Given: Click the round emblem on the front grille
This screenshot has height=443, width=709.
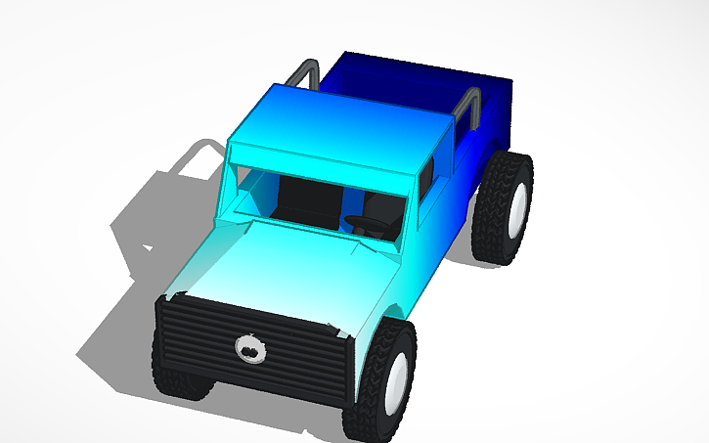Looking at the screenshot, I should pos(250,348).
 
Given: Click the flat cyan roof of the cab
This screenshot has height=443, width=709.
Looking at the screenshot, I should pos(332,127).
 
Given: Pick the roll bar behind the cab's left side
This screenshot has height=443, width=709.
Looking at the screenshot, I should pos(306,72).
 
